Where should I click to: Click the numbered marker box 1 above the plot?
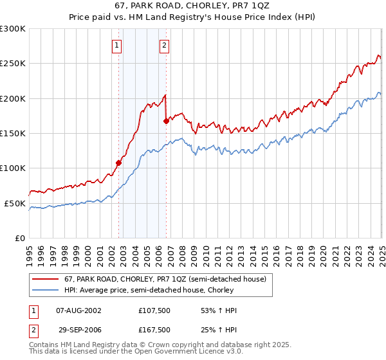click(116, 45)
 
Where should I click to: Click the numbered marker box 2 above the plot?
click(165, 45)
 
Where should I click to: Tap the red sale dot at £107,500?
click(118, 163)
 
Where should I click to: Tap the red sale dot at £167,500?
click(167, 121)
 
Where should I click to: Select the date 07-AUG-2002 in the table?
click(79, 310)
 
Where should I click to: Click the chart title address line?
click(192, 8)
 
